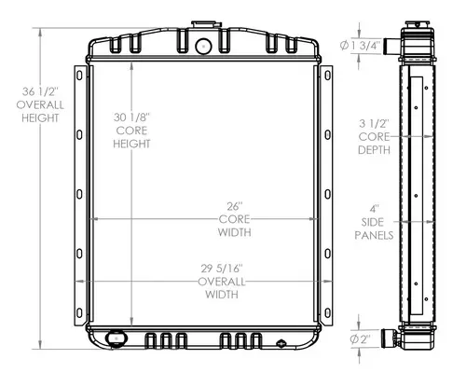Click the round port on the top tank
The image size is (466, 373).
[203, 45]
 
